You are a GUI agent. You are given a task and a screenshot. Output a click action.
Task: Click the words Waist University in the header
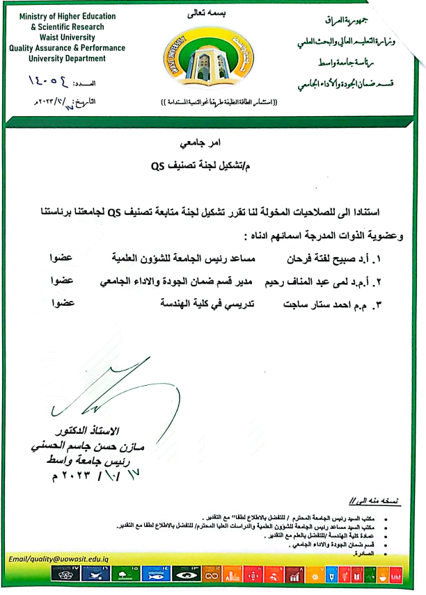(x=68, y=38)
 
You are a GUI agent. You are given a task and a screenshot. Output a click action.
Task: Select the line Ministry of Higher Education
(x=68, y=15)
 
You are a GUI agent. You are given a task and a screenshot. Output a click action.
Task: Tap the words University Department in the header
(x=68, y=60)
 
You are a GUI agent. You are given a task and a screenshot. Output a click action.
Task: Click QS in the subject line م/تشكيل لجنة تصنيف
(x=159, y=168)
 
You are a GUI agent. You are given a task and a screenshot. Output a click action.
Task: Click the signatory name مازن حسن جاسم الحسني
(x=77, y=446)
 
